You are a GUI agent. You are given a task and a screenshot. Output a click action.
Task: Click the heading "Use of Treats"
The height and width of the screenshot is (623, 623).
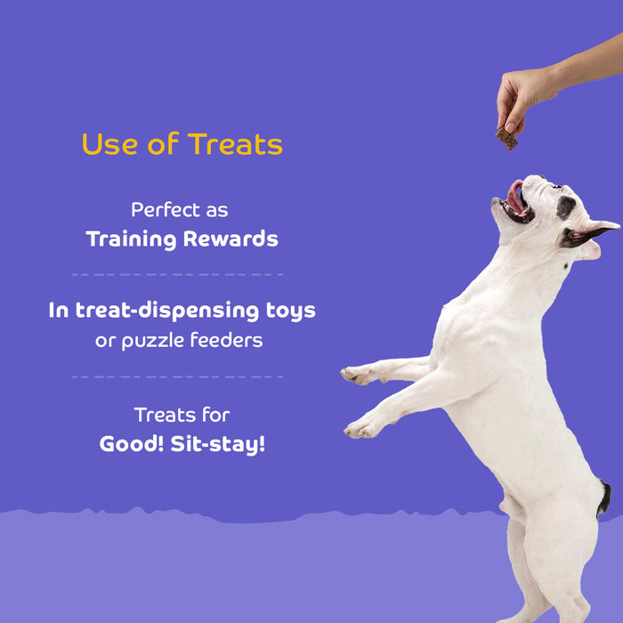182,144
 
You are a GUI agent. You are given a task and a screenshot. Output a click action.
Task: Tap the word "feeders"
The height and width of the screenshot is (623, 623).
226,341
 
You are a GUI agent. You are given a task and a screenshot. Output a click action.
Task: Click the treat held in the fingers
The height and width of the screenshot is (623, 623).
507,138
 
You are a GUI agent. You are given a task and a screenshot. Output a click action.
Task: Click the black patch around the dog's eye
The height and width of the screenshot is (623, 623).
565,207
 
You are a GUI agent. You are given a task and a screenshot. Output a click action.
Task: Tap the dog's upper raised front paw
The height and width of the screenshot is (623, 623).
357,376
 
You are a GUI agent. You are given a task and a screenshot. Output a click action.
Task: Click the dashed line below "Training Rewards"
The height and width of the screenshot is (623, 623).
177,274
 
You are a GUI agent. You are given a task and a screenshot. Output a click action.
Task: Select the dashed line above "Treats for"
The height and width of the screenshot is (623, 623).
177,376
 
